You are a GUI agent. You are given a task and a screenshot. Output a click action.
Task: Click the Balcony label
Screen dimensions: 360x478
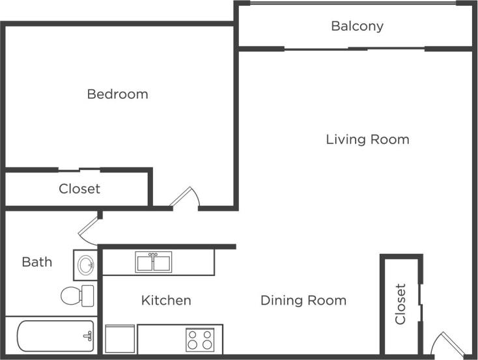click(357, 27)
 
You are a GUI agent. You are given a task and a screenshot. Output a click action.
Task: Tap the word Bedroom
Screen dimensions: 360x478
click(117, 94)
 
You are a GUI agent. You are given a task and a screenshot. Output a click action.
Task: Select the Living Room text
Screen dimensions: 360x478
click(367, 139)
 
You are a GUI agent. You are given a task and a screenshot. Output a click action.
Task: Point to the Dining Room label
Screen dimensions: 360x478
click(303, 301)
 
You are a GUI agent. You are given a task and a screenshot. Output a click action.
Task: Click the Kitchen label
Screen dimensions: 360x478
click(166, 301)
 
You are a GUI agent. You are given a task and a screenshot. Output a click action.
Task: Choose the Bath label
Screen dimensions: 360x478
click(36, 262)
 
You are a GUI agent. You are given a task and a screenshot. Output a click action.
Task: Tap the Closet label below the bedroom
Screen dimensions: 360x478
click(79, 189)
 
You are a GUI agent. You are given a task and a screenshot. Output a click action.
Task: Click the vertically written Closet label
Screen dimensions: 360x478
click(401, 303)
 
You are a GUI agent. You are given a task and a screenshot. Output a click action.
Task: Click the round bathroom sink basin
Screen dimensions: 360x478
click(85, 264)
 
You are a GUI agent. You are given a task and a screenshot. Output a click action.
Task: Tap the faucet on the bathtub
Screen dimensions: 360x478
click(87, 336)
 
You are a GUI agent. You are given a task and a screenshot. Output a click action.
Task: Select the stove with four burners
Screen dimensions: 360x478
click(200, 339)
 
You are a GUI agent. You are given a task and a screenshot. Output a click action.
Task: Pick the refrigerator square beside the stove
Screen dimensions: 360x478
click(120, 339)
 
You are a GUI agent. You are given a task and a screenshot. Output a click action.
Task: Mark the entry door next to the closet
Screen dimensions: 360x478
click(446, 344)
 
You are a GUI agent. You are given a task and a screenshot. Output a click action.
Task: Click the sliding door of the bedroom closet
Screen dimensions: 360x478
click(79, 171)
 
